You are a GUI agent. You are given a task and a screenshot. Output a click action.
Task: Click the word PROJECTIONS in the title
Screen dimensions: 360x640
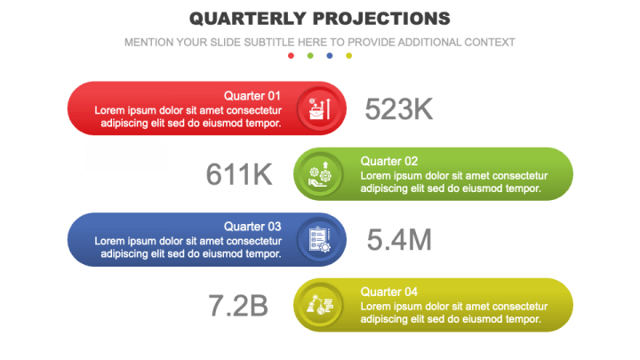coord(381,18)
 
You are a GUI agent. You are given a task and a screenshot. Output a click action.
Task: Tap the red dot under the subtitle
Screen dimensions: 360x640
coord(291,56)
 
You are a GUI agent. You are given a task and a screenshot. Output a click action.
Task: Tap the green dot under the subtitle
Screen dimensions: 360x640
coord(310,56)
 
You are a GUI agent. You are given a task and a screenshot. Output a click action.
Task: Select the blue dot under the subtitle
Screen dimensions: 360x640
coord(330,56)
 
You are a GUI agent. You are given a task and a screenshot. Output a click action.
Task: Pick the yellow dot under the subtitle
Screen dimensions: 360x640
coord(349,56)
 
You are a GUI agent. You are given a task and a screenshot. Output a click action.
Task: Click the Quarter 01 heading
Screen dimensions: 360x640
coord(252,96)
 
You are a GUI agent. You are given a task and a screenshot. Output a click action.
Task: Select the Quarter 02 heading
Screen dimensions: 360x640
coord(389,161)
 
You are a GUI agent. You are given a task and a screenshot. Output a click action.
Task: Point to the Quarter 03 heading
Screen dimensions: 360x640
coord(252,227)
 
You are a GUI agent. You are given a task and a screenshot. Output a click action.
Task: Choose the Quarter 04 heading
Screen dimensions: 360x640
coord(389,292)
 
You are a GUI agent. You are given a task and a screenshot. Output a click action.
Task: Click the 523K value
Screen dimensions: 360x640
coord(399,108)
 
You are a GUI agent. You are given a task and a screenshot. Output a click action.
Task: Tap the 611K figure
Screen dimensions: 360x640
coord(239,174)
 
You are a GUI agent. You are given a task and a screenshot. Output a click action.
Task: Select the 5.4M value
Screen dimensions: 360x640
coord(399,239)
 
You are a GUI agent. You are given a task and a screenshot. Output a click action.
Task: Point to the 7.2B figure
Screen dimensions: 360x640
coord(238,305)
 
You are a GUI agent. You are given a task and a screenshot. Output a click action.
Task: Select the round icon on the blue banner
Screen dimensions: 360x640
coord(319,239)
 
